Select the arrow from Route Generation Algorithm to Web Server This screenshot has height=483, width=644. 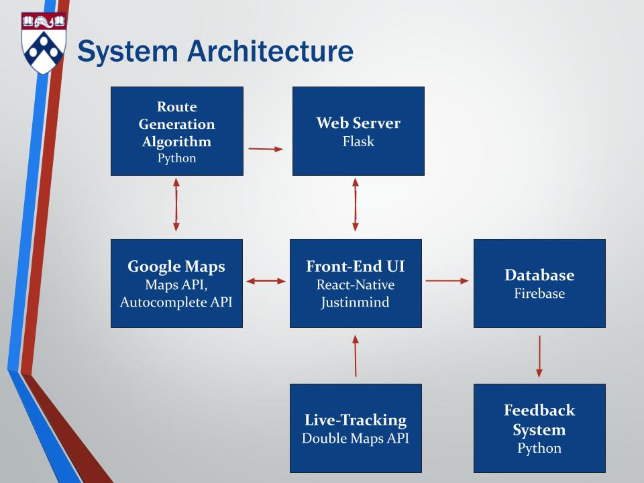(x=266, y=149)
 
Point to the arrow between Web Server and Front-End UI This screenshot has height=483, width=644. (x=356, y=205)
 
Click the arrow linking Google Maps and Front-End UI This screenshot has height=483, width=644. (x=266, y=282)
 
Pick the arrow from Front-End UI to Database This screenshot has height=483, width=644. (x=447, y=282)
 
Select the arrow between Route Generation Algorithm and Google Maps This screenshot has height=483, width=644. (x=176, y=205)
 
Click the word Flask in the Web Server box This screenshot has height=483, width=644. (x=358, y=142)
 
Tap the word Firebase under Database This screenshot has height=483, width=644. (x=539, y=293)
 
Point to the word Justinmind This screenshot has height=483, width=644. (x=356, y=302)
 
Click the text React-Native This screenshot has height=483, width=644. (x=356, y=284)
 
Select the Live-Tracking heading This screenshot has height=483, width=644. (x=356, y=421)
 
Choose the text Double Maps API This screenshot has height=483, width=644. (x=356, y=439)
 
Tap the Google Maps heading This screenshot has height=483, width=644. (x=176, y=266)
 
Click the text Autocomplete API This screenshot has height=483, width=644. (x=176, y=302)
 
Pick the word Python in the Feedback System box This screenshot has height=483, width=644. (x=539, y=448)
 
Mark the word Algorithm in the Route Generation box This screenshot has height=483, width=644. (x=176, y=142)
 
